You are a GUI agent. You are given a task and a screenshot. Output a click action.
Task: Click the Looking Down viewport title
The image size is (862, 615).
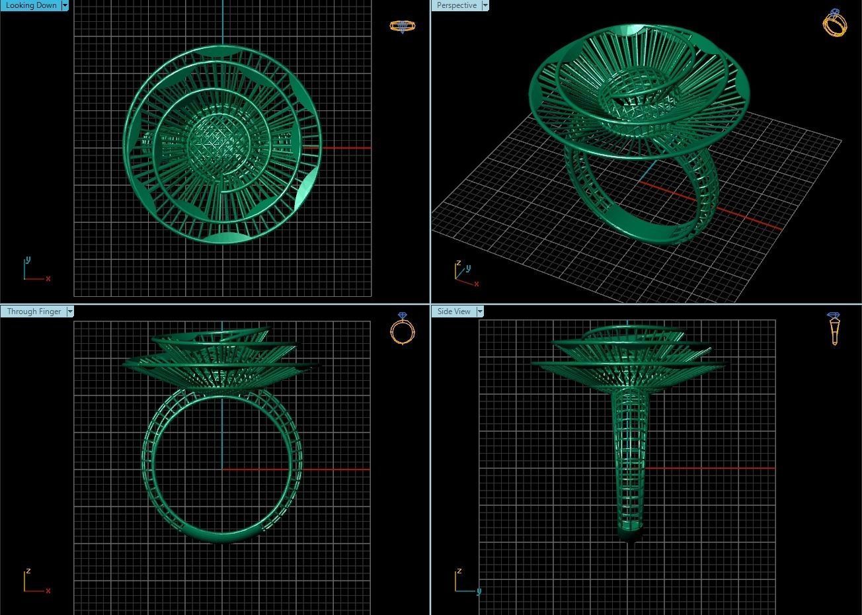click(31, 5)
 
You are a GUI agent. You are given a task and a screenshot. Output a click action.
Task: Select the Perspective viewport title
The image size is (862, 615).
click(456, 5)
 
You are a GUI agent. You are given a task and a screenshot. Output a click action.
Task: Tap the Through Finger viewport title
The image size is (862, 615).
click(34, 311)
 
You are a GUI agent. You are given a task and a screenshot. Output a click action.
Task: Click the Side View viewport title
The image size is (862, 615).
click(453, 311)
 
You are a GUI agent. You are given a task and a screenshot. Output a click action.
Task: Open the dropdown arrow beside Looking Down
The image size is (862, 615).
click(65, 5)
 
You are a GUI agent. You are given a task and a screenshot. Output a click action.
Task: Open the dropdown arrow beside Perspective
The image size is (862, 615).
click(485, 5)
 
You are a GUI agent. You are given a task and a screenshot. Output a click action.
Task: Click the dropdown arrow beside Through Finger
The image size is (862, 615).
click(70, 311)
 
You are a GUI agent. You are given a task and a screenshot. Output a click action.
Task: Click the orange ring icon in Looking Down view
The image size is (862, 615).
click(402, 26)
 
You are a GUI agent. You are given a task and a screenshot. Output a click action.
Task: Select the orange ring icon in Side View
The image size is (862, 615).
click(834, 329)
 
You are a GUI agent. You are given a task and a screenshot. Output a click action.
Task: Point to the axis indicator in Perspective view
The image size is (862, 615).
click(465, 274)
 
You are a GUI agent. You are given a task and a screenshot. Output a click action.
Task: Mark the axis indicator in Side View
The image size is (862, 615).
click(465, 582)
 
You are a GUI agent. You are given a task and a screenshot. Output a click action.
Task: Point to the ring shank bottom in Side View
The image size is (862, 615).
click(630, 532)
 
